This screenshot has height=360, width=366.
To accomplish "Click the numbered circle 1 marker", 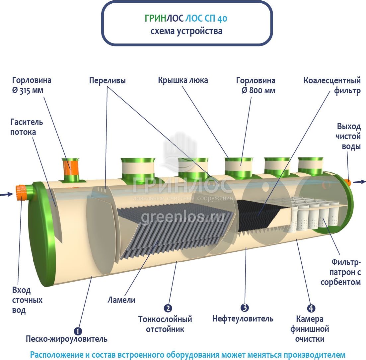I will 77,331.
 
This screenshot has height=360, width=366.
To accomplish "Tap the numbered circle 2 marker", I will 168,308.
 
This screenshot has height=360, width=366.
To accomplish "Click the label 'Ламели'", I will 121,300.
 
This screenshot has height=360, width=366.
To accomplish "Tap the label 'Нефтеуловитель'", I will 243,319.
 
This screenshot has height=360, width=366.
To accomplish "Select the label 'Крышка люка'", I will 183,80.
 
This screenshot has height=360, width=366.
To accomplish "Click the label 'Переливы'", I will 107,80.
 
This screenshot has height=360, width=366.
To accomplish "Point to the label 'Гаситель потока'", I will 27,127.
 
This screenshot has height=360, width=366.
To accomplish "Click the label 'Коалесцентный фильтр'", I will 332,86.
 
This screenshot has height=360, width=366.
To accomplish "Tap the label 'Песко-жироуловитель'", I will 67,339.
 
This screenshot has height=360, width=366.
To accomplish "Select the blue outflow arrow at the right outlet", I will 359,182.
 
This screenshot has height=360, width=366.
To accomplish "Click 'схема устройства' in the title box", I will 186,32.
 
